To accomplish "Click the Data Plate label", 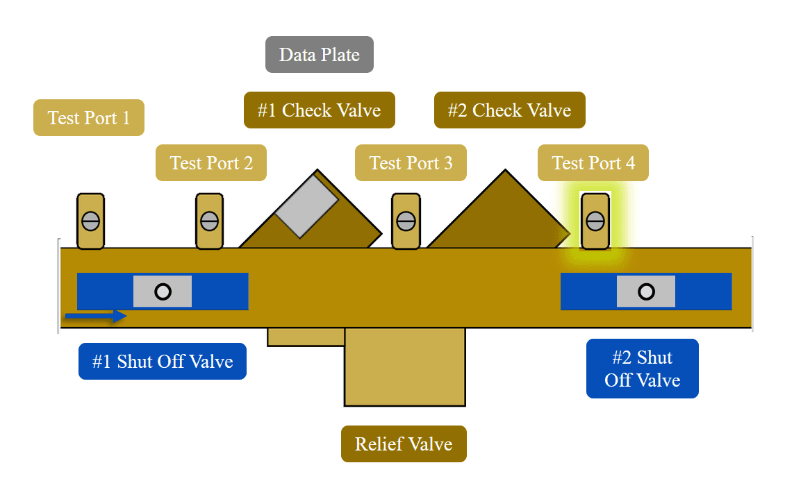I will click(x=320, y=55).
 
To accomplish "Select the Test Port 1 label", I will click(x=89, y=118).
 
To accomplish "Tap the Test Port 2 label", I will click(x=211, y=163).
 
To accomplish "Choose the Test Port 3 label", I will click(x=411, y=163).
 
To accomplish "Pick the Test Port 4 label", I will click(x=593, y=163).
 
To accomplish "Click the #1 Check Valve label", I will click(x=320, y=110).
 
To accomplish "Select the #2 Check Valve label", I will click(x=510, y=110).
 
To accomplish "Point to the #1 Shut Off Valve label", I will click(x=163, y=362).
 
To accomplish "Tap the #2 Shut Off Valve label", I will click(x=643, y=369).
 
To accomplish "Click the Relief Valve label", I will click(x=404, y=444).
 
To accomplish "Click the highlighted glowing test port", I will click(x=595, y=221).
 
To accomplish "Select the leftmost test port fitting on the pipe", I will click(x=90, y=221).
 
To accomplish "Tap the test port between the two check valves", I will click(x=406, y=221).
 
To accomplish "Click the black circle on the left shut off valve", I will click(x=163, y=292).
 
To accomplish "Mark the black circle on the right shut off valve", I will click(x=646, y=292).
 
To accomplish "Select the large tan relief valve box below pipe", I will click(x=405, y=367).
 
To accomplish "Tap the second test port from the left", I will click(x=209, y=221).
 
